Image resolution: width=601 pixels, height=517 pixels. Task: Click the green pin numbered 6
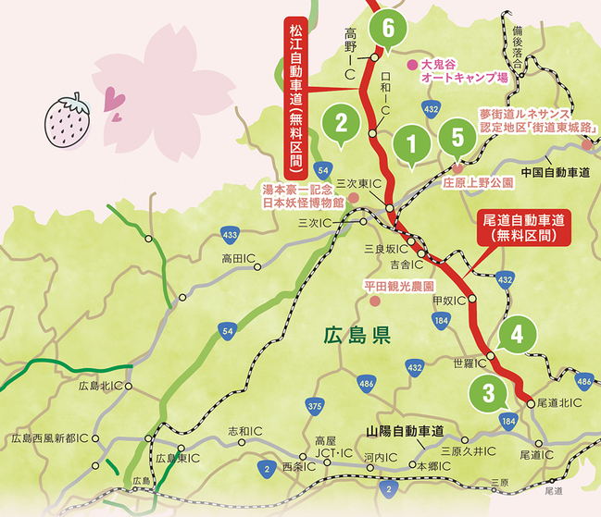tap(387, 29)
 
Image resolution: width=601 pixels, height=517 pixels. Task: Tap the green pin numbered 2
tap(342, 122)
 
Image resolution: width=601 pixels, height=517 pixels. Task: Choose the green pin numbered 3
tap(488, 390)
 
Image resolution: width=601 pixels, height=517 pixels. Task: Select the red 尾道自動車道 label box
tap(524, 228)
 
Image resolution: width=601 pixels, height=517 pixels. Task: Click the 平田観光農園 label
tap(404, 288)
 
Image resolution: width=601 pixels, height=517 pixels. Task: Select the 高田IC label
tap(239, 260)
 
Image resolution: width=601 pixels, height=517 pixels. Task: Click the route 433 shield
tap(232, 234)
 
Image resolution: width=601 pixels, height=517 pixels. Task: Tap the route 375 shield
tap(315, 406)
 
